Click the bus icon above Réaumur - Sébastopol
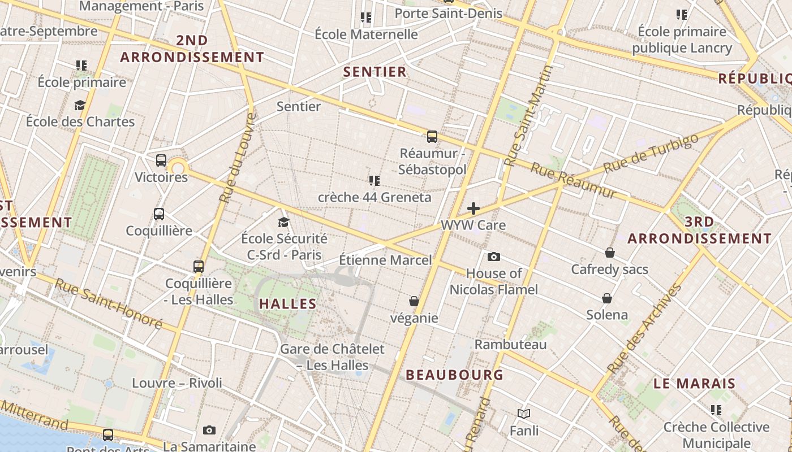click(x=432, y=136)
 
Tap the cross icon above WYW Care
click(x=474, y=208)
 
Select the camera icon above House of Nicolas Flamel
click(x=494, y=257)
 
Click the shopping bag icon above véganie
click(x=414, y=301)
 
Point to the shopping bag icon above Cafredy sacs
click(x=610, y=252)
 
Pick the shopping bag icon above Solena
click(x=607, y=298)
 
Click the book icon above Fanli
click(x=524, y=414)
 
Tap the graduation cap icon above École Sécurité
click(x=283, y=223)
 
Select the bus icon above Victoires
click(x=161, y=160)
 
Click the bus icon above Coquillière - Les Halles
click(x=199, y=267)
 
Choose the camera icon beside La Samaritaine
click(x=209, y=431)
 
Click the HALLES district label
click(x=288, y=304)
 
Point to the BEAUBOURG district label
click(x=454, y=375)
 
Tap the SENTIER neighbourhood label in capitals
click(x=375, y=72)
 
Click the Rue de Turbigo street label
click(x=647, y=154)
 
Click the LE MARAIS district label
click(x=695, y=384)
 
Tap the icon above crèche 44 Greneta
click(x=374, y=181)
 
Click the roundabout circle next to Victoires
click(x=178, y=168)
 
